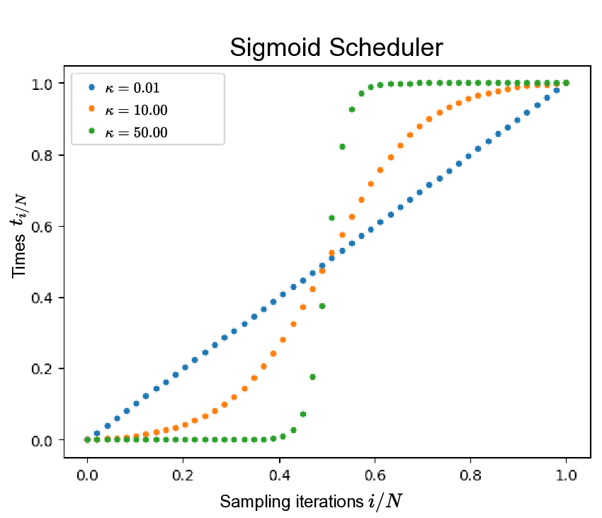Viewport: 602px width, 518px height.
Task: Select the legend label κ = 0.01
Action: pos(132,88)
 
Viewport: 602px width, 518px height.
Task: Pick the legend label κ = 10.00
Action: pos(136,110)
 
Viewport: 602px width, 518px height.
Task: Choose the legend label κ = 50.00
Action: pos(136,132)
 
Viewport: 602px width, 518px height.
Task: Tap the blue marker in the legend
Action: pos(90,88)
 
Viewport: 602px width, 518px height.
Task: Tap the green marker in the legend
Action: pos(90,131)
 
